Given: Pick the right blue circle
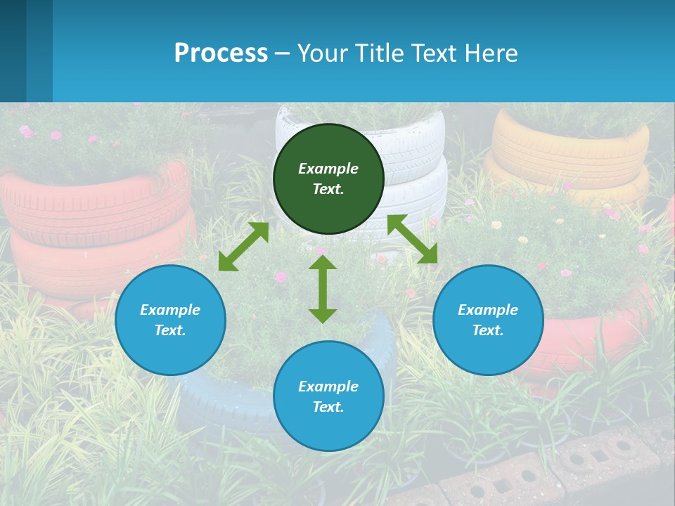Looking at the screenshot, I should (488, 347).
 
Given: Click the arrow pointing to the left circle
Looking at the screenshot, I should (243, 247).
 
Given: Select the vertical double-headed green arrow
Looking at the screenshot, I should (323, 289).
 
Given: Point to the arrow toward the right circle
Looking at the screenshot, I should (412, 239).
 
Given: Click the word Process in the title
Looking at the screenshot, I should (221, 53).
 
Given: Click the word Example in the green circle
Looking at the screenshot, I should (328, 169).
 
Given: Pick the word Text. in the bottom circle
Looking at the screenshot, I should (328, 407).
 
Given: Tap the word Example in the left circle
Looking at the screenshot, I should (170, 310).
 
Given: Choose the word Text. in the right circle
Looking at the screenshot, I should (488, 330).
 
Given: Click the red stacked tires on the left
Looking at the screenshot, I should (91, 225).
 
